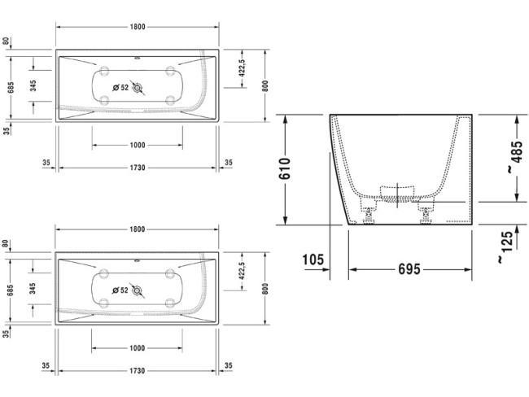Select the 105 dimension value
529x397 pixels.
[x=313, y=260]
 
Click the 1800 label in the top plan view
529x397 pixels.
[x=137, y=27]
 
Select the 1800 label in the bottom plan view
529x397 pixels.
[x=137, y=230]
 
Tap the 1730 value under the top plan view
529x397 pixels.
[x=137, y=167]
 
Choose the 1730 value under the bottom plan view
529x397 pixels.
[x=137, y=370]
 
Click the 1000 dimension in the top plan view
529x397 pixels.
[x=137, y=145]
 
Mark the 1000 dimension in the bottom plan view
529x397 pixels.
[x=137, y=348]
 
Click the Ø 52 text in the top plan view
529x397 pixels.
[x=120, y=86]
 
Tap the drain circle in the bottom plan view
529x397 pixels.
[x=138, y=290]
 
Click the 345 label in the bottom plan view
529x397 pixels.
[x=33, y=289]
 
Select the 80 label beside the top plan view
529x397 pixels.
[x=6, y=41]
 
